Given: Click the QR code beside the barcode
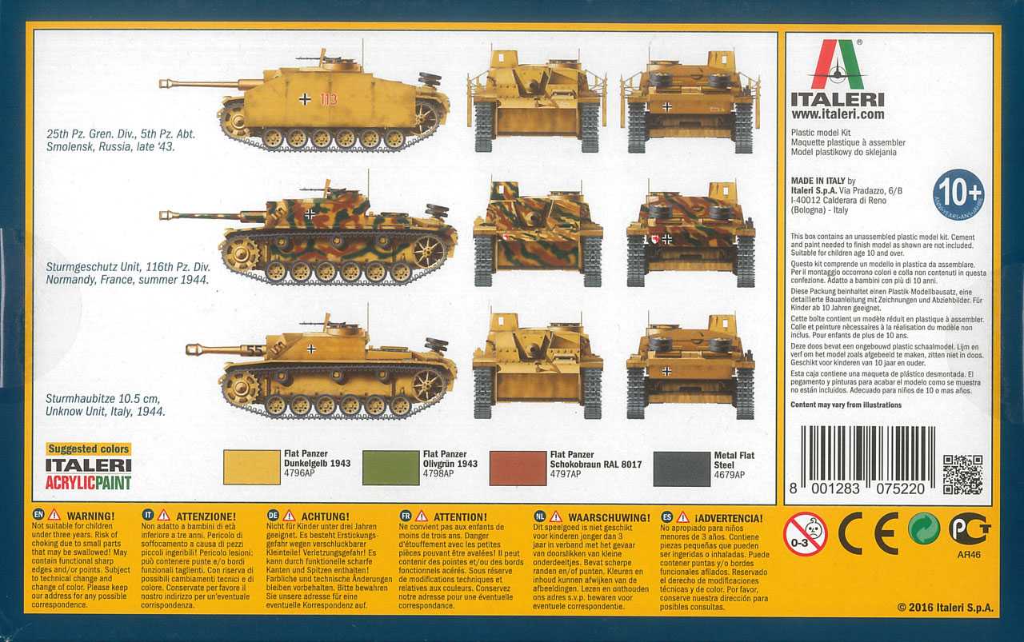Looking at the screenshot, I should tap(962, 474).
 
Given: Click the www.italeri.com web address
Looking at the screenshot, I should tap(837, 114).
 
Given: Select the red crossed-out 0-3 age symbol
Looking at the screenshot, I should tap(805, 533).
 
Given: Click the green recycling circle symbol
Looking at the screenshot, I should tap(924, 529).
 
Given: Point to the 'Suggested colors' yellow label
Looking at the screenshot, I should tap(88, 449).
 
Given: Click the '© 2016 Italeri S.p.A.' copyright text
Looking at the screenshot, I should tap(945, 608).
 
